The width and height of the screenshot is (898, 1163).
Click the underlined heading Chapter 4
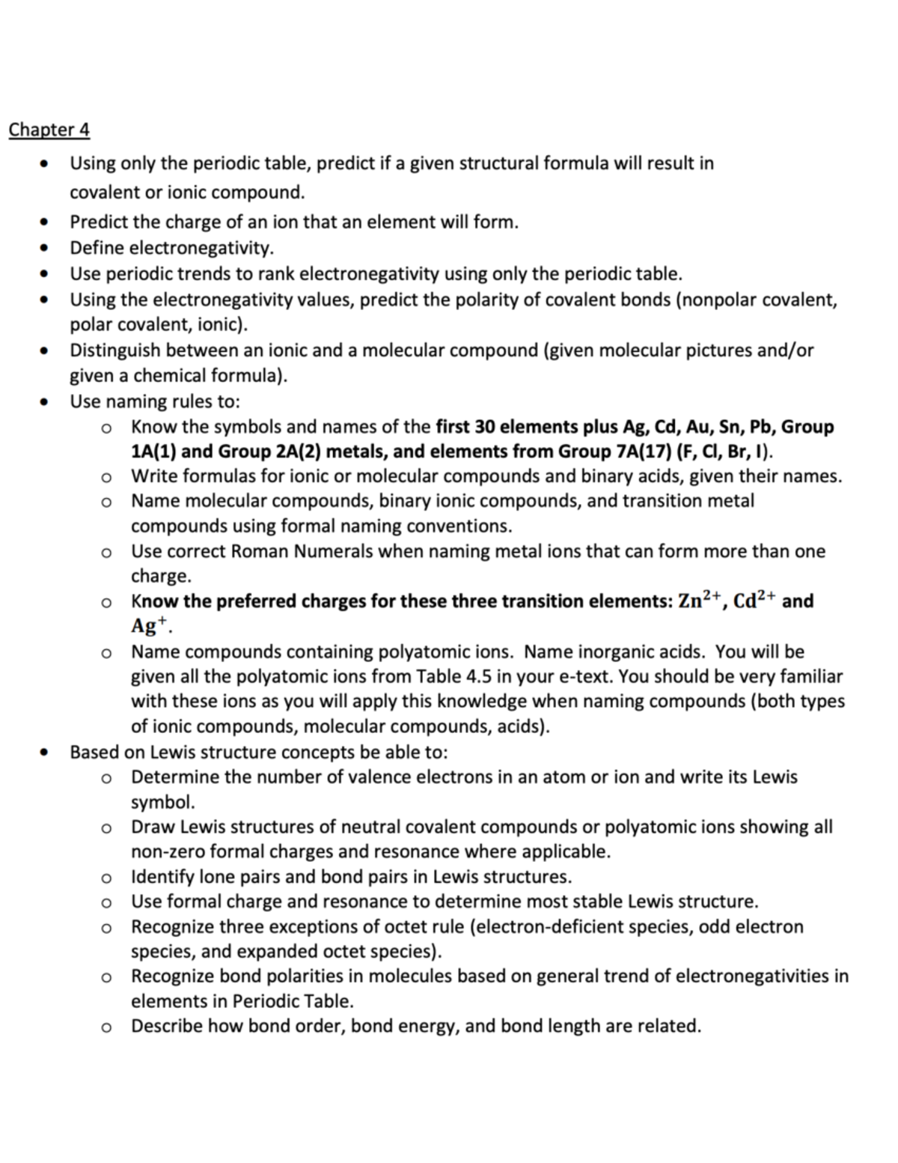(49, 130)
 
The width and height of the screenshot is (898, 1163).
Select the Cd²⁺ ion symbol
(753, 601)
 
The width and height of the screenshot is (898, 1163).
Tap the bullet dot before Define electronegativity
(46, 248)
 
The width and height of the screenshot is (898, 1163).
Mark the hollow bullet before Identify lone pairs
(107, 877)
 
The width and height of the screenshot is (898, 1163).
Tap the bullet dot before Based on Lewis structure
(46, 752)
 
